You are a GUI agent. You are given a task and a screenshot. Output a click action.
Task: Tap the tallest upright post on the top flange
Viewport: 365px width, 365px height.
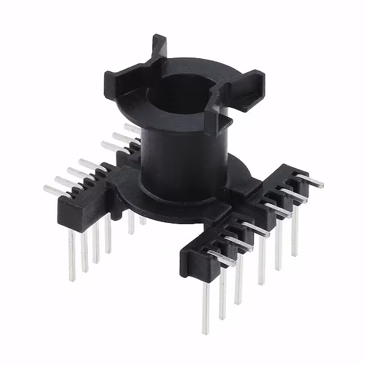158,48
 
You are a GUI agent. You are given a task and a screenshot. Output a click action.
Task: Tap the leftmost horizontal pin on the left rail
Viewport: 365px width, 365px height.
55,190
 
